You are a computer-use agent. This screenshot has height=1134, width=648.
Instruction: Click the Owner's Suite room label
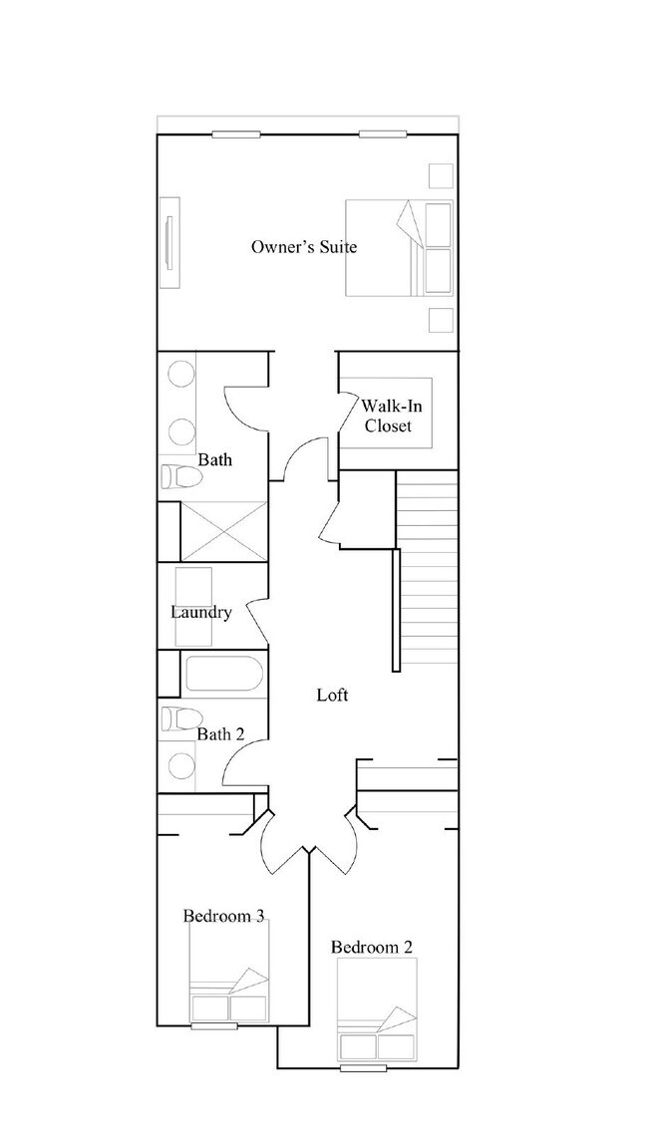point(303,246)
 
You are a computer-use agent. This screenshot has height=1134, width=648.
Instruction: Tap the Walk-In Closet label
point(387,416)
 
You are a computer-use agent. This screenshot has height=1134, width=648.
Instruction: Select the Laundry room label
point(200,612)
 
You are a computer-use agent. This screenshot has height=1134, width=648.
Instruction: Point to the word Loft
point(332,695)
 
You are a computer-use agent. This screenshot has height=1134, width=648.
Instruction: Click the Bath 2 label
point(220,734)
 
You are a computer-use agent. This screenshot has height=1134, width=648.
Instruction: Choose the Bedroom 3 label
point(223,916)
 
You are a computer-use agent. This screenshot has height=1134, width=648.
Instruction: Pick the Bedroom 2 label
point(372,947)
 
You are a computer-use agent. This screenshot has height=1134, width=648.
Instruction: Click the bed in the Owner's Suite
point(398,248)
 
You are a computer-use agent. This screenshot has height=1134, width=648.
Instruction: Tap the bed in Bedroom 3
point(228,981)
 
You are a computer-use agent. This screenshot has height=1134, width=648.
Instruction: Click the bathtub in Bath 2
point(224,676)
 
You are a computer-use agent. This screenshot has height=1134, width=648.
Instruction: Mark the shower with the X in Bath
point(223,531)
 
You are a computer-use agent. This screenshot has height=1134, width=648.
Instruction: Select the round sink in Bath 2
point(181,765)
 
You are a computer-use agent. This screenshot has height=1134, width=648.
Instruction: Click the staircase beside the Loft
point(427,568)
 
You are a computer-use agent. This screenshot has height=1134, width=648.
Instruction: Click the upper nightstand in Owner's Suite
point(440,175)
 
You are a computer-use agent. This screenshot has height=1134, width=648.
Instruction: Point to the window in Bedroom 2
point(362,1068)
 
